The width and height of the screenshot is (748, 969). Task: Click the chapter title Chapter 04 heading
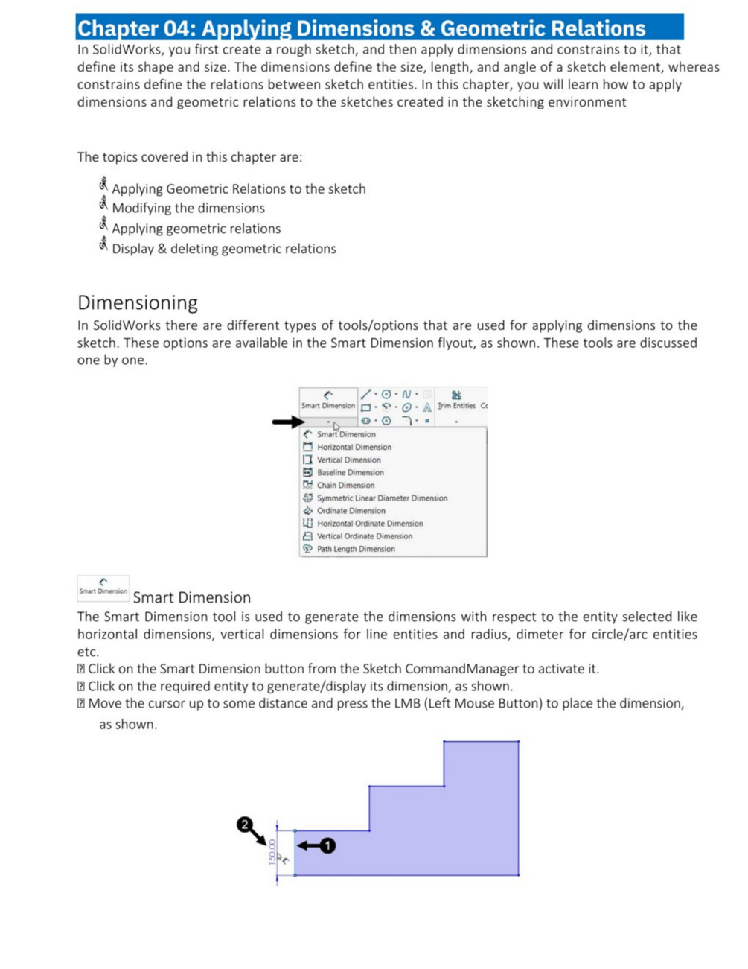362,28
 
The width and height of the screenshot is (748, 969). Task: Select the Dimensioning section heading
138,302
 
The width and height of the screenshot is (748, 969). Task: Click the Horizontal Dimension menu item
354,447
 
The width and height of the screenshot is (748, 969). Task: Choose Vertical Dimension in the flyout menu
348,460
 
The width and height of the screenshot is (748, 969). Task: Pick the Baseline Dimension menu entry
350,472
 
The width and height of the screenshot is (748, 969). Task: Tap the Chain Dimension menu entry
345,485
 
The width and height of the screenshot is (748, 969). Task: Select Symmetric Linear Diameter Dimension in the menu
382,498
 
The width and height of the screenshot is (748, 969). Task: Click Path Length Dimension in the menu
356,549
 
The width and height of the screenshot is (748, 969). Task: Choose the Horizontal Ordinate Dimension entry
370,524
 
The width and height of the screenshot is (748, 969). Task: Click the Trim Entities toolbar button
456,400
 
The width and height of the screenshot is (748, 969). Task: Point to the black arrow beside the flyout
288,422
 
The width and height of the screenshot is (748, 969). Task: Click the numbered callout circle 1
327,845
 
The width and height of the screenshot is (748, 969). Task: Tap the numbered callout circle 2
244,824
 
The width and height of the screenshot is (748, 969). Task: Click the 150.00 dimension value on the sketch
272,851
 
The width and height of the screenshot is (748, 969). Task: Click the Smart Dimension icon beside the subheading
103,588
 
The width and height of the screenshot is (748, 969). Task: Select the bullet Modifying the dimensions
188,208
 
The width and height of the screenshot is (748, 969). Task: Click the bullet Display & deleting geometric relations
224,249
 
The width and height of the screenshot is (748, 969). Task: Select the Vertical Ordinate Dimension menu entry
364,536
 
